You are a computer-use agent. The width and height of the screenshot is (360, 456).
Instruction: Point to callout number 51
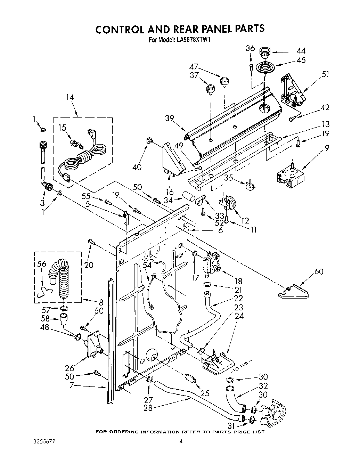pos(325,74)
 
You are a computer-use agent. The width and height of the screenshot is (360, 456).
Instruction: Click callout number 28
pos(148,408)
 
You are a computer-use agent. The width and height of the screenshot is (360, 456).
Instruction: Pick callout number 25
pos(205,393)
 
